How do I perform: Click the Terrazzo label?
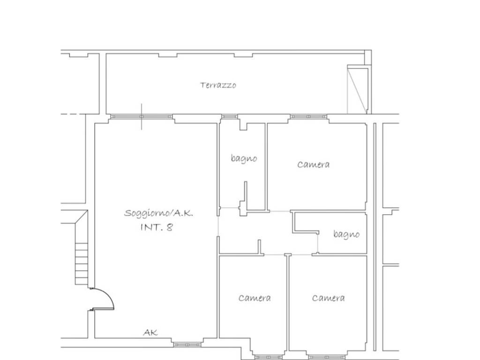coord(218,85)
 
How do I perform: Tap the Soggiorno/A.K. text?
coord(158,213)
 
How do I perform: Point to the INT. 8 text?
coord(157,227)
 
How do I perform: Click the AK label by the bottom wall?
coord(150,332)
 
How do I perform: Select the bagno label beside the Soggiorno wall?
coord(244,158)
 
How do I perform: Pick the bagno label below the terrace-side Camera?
coord(346,234)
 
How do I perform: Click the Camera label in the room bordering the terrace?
coord(314,165)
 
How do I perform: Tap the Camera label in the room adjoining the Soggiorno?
coord(255,298)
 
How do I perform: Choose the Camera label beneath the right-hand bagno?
coord(329,298)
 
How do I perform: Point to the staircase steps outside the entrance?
coord(82,263)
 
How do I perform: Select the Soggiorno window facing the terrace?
coord(142,117)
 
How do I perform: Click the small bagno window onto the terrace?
coord(230,117)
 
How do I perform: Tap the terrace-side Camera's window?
coord(308,117)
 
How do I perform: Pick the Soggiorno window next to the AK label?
coord(187,345)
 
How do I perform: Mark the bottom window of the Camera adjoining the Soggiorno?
coord(269,357)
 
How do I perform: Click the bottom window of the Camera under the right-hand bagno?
coord(327,357)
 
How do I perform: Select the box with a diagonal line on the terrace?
coord(358,89)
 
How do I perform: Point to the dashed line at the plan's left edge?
coord(73,114)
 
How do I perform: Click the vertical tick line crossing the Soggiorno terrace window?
coord(142,117)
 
